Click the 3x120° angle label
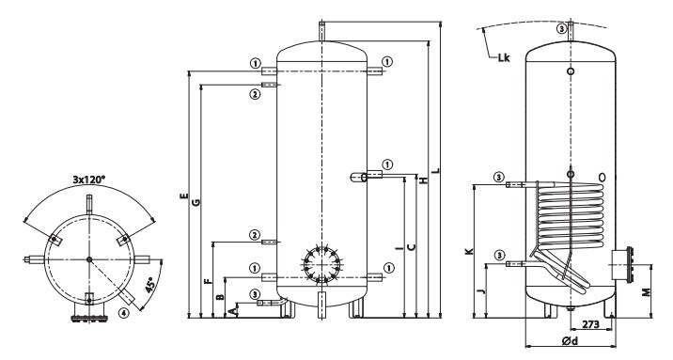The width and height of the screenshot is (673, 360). click(89, 179)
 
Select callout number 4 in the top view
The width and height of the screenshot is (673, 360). click(123, 313)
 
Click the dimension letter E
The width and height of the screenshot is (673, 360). click(183, 196)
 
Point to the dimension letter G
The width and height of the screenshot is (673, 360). click(196, 202)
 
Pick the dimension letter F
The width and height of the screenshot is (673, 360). click(208, 281)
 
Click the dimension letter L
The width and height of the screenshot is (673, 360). click(436, 170)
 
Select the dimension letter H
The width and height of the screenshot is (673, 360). click(424, 180)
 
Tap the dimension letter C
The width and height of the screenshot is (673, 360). click(411, 247)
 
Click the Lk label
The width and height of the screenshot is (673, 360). click(504, 58)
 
